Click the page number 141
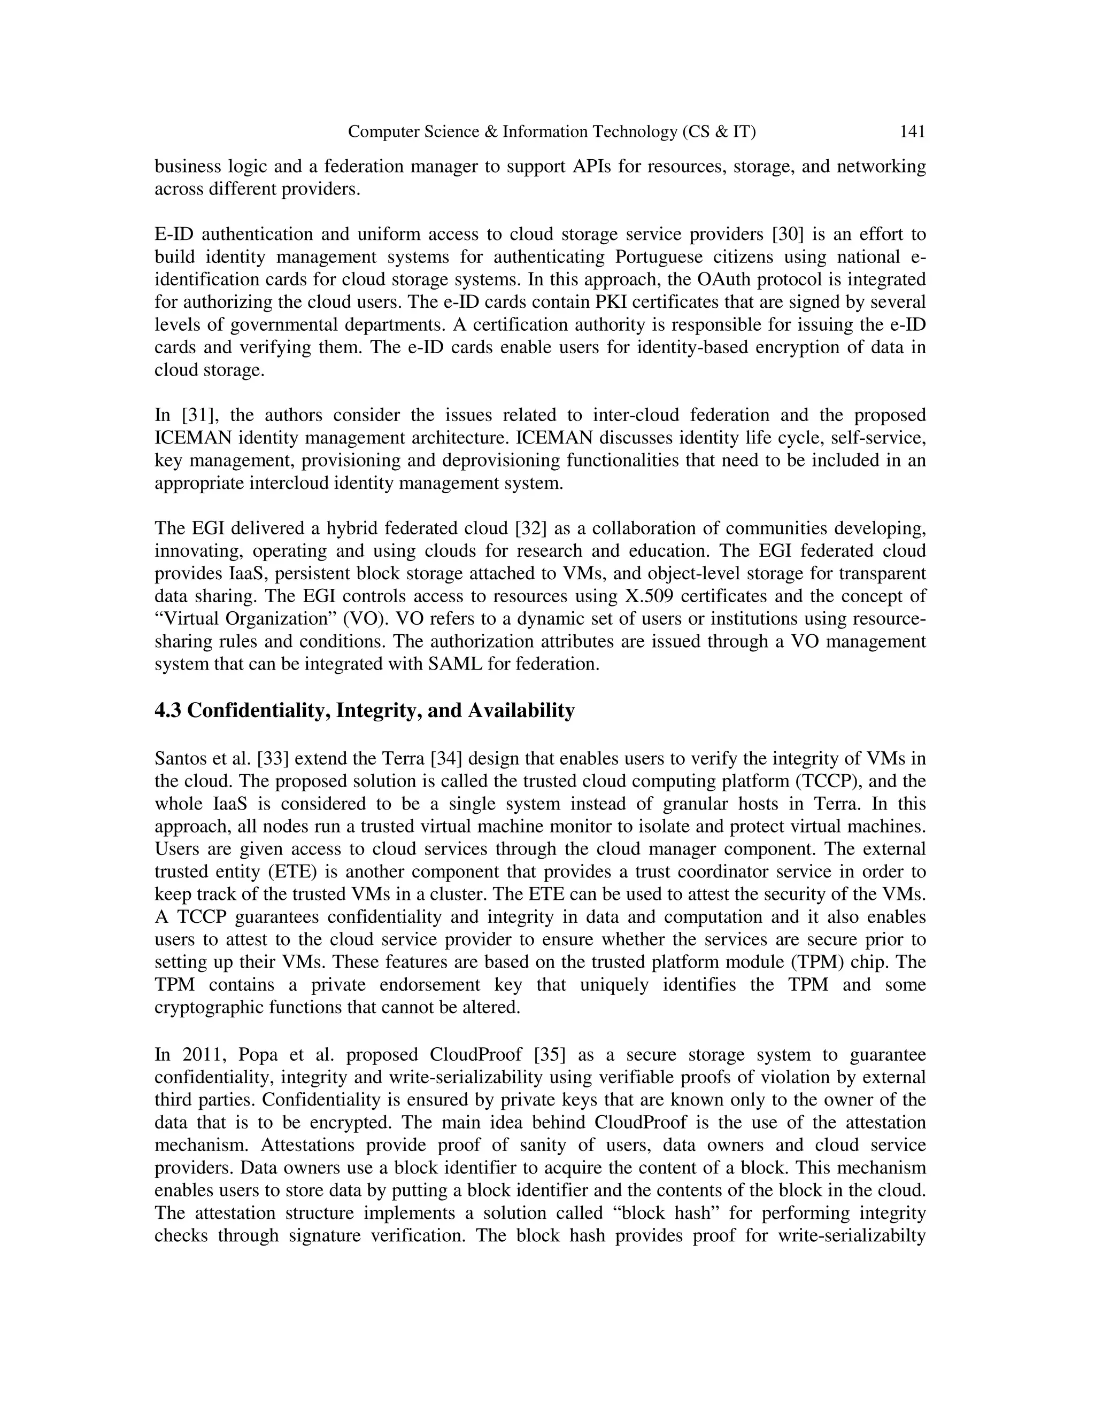[912, 133]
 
